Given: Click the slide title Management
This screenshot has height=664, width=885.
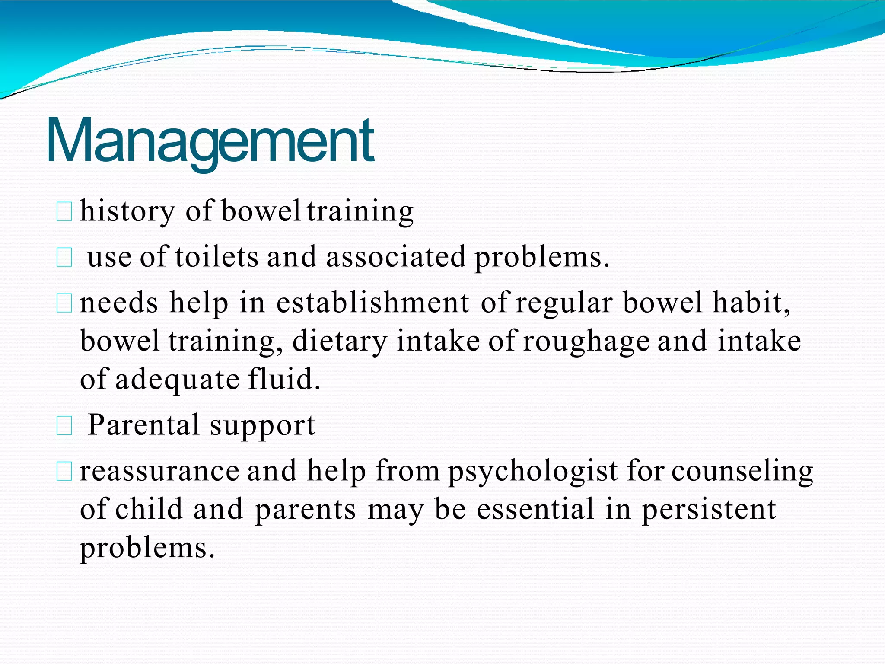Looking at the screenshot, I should point(210,140).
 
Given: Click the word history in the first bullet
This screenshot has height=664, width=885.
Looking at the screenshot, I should point(127,212).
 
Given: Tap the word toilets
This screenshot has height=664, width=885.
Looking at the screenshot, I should point(216,257).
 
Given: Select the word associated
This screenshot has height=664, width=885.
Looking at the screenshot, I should point(395,257).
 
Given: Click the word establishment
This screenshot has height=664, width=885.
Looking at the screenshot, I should point(372,303).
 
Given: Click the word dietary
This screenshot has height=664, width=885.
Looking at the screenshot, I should point(339,342).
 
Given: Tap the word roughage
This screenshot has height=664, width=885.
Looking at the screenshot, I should point(586,342).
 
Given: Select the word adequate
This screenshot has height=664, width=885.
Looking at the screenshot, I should point(177,380).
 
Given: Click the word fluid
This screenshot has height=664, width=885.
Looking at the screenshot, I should point(284,379).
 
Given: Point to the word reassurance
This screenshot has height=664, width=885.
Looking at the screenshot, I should point(159,471).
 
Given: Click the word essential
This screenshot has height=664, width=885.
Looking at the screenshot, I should point(535,509).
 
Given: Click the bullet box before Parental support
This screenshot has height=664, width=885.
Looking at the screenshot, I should point(64,426).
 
